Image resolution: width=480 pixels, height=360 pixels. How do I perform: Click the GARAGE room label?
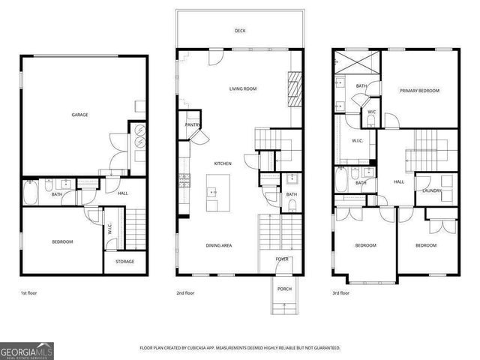coord(79,115)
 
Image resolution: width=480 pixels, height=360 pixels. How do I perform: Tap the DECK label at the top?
coord(240,31)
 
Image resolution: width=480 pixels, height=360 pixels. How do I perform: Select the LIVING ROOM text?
coord(243,88)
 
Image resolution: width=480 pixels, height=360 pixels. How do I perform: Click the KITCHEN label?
coord(223,163)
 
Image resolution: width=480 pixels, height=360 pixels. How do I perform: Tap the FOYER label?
coord(282,259)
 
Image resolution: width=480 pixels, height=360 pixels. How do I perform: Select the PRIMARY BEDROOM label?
coord(419,91)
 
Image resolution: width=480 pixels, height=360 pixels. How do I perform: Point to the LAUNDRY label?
coord(432,190)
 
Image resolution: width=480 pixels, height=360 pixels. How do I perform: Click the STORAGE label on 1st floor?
coord(124,261)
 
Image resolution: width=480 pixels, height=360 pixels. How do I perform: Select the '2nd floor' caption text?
coord(186,293)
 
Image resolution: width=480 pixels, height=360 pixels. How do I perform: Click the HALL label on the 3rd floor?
coord(399,181)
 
